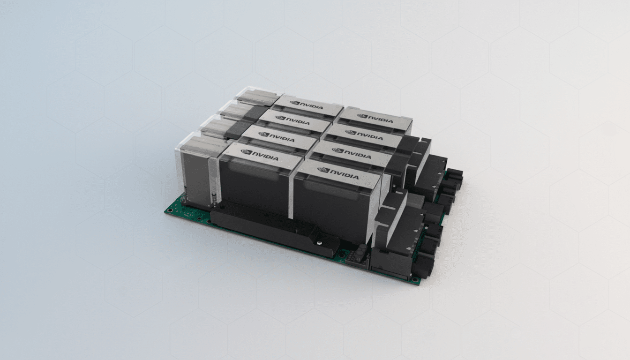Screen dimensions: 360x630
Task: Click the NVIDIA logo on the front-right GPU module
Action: pyautogui.click(x=337, y=173)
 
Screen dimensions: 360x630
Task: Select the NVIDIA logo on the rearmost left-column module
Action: pyautogui.click(x=307, y=105)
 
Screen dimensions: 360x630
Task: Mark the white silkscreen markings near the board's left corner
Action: pyautogui.click(x=190, y=215)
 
